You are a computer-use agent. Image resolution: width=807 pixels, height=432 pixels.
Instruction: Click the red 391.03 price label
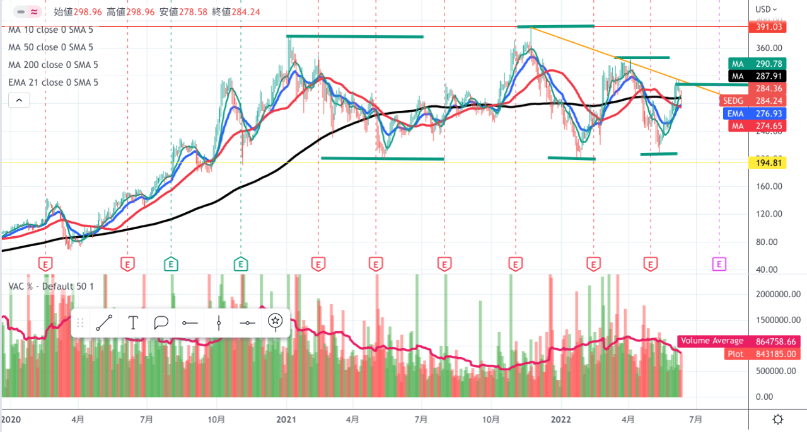click(767, 27)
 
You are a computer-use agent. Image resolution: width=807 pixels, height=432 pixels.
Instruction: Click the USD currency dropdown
click(766, 9)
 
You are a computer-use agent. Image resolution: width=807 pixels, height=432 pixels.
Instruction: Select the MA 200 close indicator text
click(53, 65)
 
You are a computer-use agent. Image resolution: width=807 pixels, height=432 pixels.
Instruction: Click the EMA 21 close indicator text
click(53, 82)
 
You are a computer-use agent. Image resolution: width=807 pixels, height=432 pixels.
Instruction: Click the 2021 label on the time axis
click(287, 418)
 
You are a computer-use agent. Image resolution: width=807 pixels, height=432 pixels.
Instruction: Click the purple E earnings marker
click(719, 263)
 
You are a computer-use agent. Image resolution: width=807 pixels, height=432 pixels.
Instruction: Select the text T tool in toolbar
click(133, 323)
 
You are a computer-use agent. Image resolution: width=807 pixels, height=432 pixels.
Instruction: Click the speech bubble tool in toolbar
click(161, 323)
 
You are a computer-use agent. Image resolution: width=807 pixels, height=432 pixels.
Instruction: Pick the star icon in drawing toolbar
click(275, 321)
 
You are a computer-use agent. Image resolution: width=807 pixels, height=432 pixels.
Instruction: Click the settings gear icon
click(778, 419)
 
